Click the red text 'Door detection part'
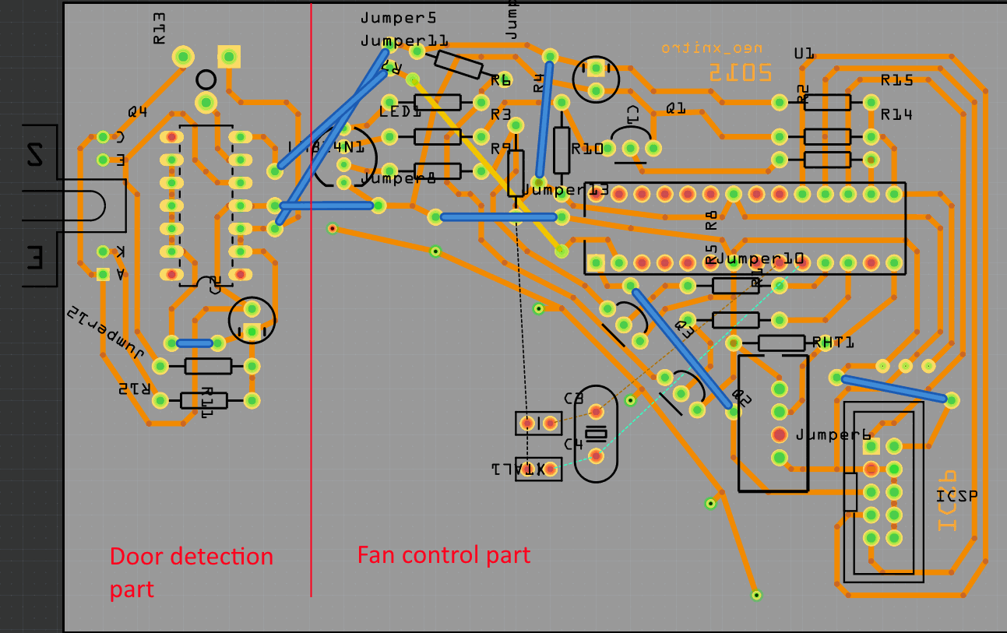[191, 571]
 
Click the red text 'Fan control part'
[443, 555]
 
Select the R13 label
[159, 28]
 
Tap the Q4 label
[138, 112]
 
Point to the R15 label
[896, 80]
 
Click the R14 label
[896, 114]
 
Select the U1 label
[804, 54]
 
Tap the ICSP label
[956, 496]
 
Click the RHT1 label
[833, 343]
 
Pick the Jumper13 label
[565, 190]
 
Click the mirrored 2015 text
[740, 72]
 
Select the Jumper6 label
[833, 435]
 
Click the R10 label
[587, 149]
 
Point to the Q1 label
[675, 109]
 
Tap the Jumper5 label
[398, 17]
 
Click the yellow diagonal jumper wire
[487, 164]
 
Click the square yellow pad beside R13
[229, 56]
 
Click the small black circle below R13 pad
[206, 79]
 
